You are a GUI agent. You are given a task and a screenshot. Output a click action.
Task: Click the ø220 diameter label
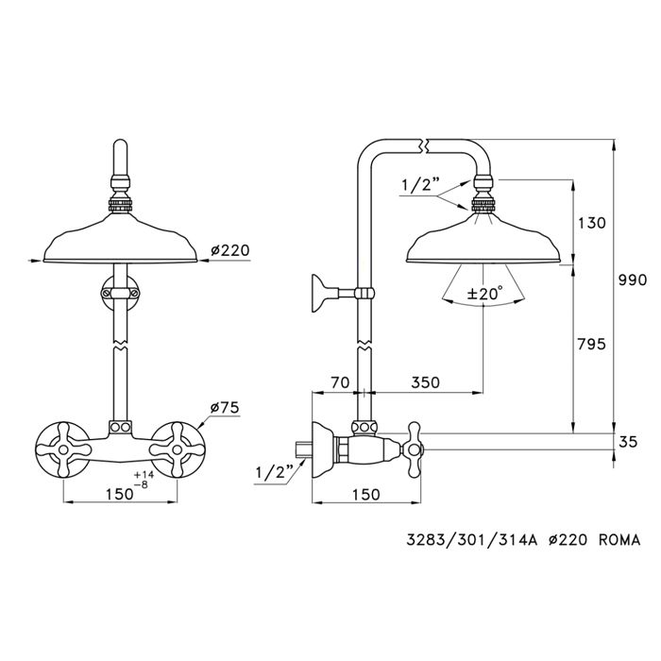point(229,250)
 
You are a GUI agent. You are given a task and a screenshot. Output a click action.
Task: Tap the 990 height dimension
point(632,280)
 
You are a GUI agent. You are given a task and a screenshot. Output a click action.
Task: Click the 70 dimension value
point(340,382)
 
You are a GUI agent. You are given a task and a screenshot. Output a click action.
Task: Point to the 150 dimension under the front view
point(118,493)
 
